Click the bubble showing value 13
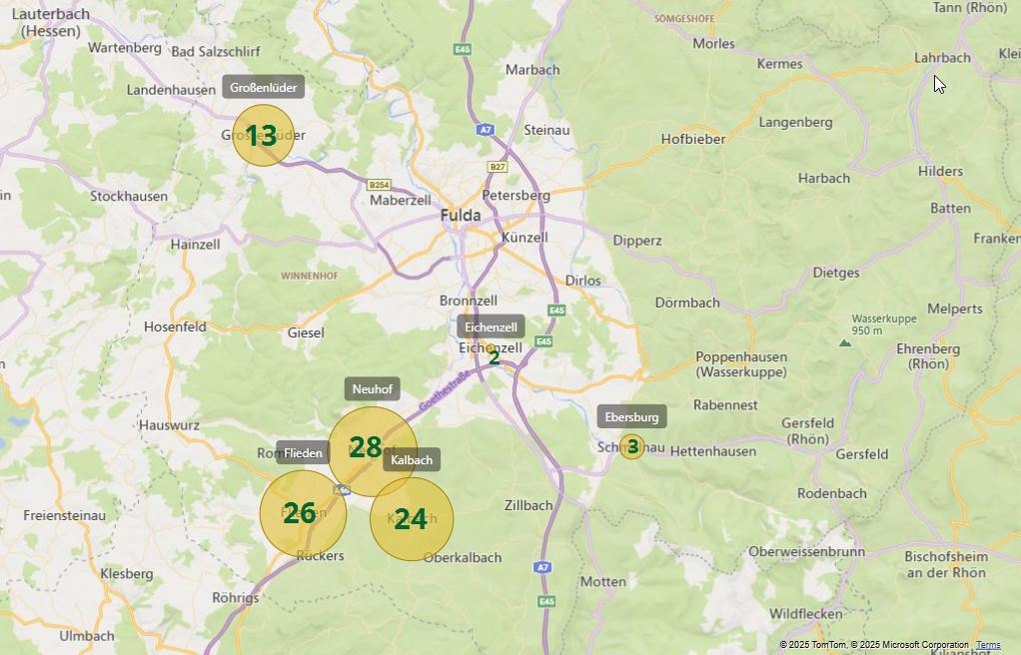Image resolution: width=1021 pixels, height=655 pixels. tap(263, 135)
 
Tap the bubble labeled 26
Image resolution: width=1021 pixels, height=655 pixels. tap(303, 513)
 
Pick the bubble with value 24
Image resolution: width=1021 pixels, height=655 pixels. tap(412, 519)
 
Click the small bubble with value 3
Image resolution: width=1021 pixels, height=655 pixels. tap(631, 446)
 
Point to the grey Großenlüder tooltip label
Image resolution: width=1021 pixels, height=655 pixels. tap(263, 87)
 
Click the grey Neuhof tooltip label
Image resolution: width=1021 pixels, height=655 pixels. tap(372, 389)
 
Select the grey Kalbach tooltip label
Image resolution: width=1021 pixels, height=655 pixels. tap(412, 459)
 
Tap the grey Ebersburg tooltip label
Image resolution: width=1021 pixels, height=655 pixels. tap(631, 416)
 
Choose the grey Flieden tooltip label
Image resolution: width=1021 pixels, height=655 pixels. tap(303, 452)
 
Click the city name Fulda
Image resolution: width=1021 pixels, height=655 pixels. tap(460, 216)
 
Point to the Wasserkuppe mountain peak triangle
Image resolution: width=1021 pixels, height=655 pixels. tap(845, 342)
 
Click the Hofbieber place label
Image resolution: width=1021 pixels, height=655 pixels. tap(692, 139)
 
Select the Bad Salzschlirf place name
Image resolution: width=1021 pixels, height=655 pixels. tap(216, 52)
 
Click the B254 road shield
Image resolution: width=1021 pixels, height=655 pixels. tap(379, 185)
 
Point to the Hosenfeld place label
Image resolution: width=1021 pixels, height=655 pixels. tap(175, 327)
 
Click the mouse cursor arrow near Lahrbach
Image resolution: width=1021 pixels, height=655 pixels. tap(939, 84)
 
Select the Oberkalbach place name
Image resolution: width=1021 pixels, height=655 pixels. tap(463, 557)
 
